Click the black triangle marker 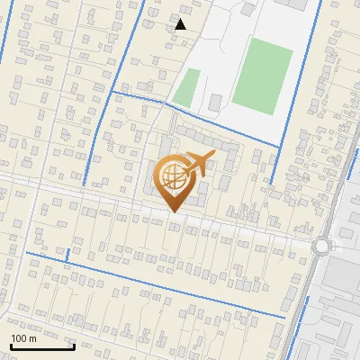pyautogui.click(x=181, y=24)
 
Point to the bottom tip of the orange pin pyautogui.click(x=173, y=211)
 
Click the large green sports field pyautogui.click(x=262, y=75)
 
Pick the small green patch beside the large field pyautogui.click(x=186, y=87)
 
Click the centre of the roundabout pyautogui.click(x=322, y=245)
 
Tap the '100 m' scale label pyautogui.click(x=23, y=338)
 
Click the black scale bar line pyautogui.click(x=42, y=346)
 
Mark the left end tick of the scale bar pyautogui.click(x=11, y=345)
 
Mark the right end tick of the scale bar pyautogui.click(x=74, y=345)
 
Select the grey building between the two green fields pyautogui.click(x=216, y=102)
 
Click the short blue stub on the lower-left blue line pyautogui.click(x=67, y=259)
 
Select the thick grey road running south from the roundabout pyautogui.click(x=310, y=297)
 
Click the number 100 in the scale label pyautogui.click(x=19, y=338)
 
